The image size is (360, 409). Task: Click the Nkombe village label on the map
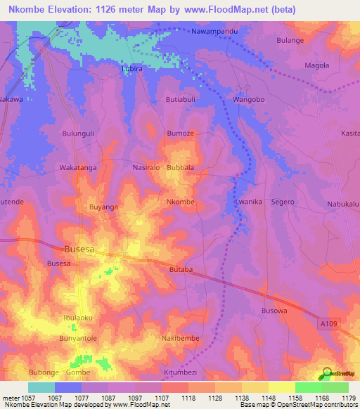click(180, 202)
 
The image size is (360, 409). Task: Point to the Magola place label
click(316, 66)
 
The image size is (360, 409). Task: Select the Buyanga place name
click(103, 207)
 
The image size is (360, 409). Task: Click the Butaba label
click(181, 269)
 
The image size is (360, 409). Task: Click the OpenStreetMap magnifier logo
click(326, 374)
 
